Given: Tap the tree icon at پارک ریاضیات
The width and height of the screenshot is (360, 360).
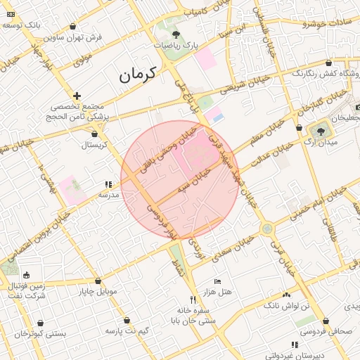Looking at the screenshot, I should (x=175, y=33).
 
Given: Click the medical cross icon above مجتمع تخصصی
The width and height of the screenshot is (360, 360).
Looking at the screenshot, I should (x=77, y=95).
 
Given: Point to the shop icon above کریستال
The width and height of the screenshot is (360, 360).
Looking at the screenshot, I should (x=95, y=133).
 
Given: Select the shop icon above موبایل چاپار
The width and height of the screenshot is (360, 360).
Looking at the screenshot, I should (x=98, y=281).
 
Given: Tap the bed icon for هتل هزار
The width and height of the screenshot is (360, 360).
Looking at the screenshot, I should (x=217, y=281).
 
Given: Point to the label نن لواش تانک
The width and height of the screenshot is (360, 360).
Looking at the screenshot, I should (x=286, y=307).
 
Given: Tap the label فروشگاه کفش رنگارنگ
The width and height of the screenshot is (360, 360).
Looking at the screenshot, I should (x=328, y=73).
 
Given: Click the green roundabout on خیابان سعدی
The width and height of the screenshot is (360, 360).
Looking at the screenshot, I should (x=266, y=229).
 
